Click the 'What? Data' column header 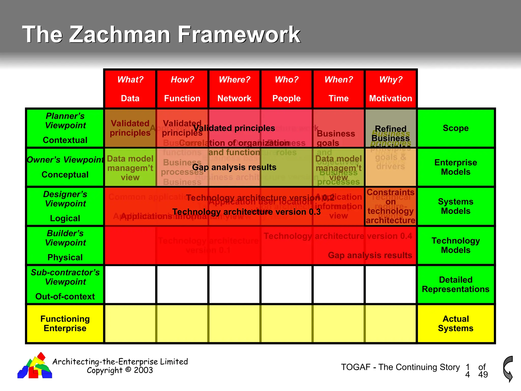coord(130,89)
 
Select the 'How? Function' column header coord(182,89)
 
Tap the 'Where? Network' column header coord(234,89)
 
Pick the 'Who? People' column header coord(286,89)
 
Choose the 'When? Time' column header coord(339,89)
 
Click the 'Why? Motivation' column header coord(391,89)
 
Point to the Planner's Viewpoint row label coord(65,128)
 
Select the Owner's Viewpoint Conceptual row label coord(65,167)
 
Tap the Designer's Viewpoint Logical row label coord(65,206)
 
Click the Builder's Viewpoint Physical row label coord(65,245)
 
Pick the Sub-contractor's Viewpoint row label coord(65,284)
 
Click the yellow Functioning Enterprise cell coord(65,324)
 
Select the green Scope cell coord(456,128)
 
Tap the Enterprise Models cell coord(456,167)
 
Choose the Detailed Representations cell coord(456,284)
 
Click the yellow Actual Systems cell coord(456,324)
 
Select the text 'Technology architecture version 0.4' coord(338,236)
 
